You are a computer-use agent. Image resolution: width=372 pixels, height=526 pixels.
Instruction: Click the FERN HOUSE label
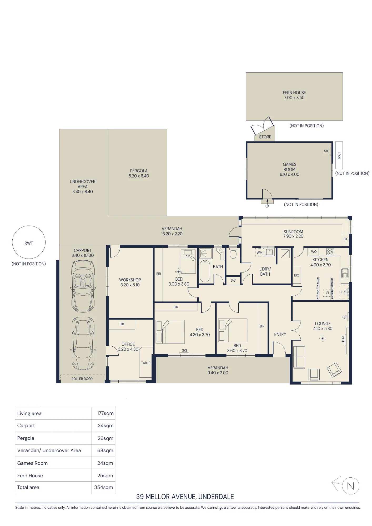[x=294, y=93]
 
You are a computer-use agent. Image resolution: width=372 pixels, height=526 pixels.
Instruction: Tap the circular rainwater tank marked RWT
[x=29, y=242]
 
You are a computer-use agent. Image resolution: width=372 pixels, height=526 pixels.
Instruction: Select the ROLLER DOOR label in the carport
[x=82, y=379]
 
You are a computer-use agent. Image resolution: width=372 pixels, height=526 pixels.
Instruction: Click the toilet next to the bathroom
[x=233, y=253]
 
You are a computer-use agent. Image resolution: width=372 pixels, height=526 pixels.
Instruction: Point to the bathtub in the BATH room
[x=205, y=271]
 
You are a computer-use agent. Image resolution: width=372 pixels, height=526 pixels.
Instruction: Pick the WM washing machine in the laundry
[x=260, y=252]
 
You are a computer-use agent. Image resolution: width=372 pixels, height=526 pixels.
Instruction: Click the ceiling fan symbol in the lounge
[x=323, y=338]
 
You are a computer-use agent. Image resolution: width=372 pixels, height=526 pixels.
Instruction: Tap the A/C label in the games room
[x=326, y=151]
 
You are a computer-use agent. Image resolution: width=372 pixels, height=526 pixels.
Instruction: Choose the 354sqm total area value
[x=104, y=487]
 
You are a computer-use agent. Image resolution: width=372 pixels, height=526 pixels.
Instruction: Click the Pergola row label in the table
[x=26, y=438]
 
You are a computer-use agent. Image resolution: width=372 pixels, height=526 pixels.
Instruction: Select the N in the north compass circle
[x=350, y=486]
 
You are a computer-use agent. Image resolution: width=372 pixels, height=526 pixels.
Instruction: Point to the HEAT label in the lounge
[x=343, y=339]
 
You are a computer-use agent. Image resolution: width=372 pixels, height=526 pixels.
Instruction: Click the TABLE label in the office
[x=146, y=363]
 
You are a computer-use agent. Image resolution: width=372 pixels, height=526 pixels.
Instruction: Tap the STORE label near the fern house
[x=265, y=137]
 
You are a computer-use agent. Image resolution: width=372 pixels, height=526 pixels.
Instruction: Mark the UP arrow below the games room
[x=267, y=201]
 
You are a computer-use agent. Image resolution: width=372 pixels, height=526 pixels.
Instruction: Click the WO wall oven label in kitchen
[x=314, y=251]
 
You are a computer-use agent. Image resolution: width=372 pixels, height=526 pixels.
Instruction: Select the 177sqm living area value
[x=105, y=413]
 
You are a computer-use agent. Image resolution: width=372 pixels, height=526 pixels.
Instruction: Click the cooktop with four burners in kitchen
[x=330, y=252]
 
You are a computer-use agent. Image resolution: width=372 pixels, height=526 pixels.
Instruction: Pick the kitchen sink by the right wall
[x=345, y=273]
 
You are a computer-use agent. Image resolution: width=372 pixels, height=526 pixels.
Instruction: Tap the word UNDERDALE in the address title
[x=216, y=497]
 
